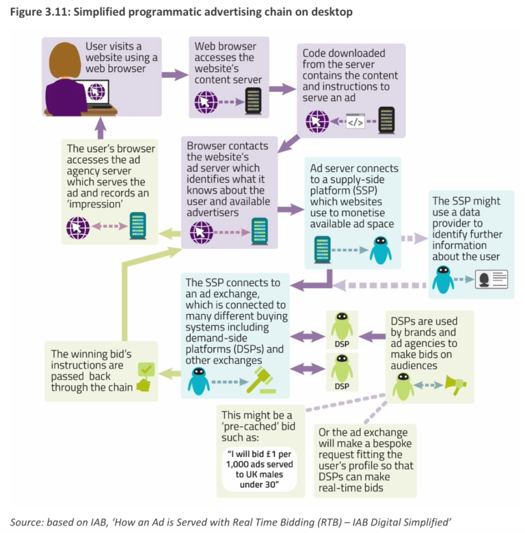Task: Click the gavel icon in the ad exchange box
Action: coord(260,380)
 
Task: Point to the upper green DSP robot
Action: coord(341,326)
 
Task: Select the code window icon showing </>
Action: coord(355,122)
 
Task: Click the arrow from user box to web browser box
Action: coord(174,75)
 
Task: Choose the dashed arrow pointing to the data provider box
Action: coord(412,238)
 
